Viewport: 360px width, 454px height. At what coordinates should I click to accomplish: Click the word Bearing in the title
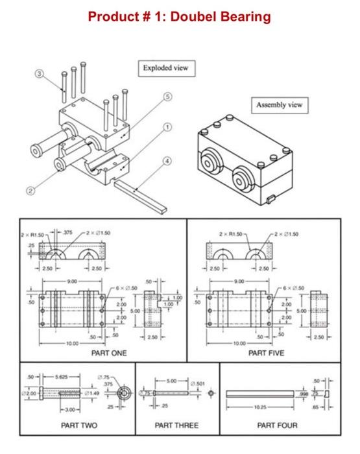(240, 16)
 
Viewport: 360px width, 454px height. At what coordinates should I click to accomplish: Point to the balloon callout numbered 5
(169, 97)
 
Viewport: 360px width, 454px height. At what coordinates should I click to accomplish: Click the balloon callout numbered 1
(167, 127)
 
